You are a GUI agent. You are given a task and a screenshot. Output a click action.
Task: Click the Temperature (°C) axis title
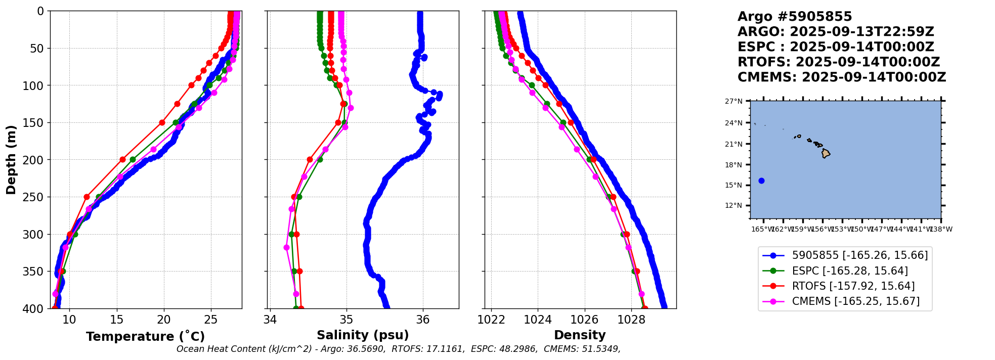point(145,337)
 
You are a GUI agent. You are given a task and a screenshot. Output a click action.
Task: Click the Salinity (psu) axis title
point(363,335)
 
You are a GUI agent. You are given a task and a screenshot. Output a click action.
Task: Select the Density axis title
point(580,335)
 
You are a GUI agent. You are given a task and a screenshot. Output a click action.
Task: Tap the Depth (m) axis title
point(11,160)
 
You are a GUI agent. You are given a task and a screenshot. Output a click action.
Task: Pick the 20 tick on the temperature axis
point(164,320)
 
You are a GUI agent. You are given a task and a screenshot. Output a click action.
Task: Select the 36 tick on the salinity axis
point(423,320)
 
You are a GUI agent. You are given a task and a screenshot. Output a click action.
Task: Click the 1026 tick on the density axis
point(585,320)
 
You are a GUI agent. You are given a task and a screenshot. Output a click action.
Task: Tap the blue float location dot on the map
point(761,181)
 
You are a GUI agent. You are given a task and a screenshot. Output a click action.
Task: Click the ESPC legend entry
point(850,271)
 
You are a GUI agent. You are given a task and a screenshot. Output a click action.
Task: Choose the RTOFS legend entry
point(853,286)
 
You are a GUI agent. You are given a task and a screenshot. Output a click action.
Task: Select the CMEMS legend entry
point(855,301)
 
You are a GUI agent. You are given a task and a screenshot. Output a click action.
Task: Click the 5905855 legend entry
point(859,256)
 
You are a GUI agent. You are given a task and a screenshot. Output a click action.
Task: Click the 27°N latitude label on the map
point(733,102)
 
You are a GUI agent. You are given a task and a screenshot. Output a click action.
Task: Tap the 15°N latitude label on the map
point(733,185)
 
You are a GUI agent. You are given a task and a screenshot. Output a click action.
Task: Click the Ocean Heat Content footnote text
point(398,349)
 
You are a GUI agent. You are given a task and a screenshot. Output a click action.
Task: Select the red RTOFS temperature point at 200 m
point(122,160)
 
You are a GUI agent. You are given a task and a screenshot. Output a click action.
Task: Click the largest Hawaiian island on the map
point(826,153)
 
